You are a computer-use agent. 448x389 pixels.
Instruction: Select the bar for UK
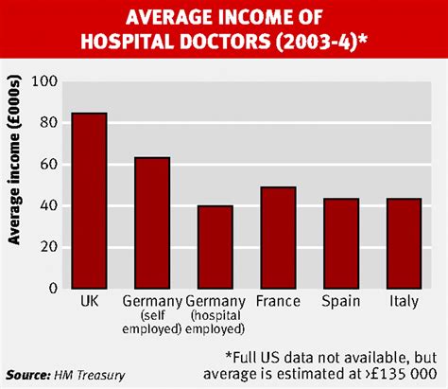(90, 201)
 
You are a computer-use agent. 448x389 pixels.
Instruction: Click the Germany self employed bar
(151, 222)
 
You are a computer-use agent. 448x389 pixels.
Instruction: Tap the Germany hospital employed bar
(215, 246)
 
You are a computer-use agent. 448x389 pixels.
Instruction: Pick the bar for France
(278, 237)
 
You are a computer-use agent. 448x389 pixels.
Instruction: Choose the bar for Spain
(340, 242)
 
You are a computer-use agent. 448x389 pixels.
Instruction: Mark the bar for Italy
(404, 242)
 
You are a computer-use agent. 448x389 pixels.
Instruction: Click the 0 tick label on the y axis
(52, 288)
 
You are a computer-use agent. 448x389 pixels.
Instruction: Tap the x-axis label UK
(90, 302)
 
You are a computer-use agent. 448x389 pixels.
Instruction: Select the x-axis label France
(278, 302)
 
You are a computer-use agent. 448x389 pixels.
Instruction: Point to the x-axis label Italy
(404, 302)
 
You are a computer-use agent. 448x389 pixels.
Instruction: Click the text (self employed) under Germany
(151, 322)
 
